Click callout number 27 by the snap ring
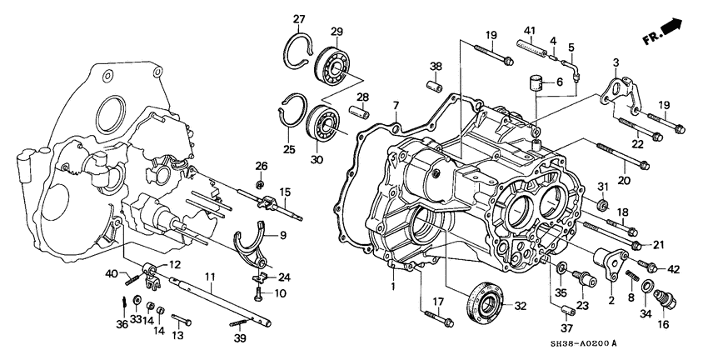coord(299,19)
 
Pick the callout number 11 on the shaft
coord(211,276)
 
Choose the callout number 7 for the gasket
coord(396,104)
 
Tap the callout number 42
coord(674,268)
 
